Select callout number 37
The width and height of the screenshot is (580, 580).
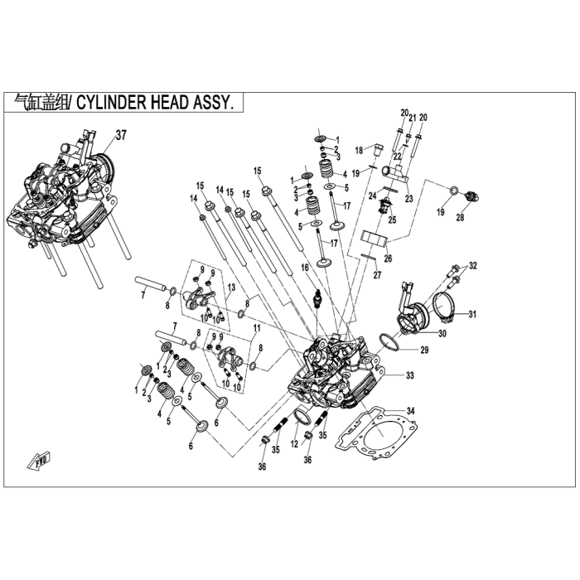(121, 134)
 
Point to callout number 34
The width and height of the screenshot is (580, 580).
(411, 410)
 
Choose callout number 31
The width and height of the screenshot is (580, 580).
(473, 314)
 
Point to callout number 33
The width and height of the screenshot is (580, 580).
(409, 375)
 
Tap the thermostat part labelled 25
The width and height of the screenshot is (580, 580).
(384, 205)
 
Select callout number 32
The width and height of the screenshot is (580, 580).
(473, 266)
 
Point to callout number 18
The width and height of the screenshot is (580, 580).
(359, 150)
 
